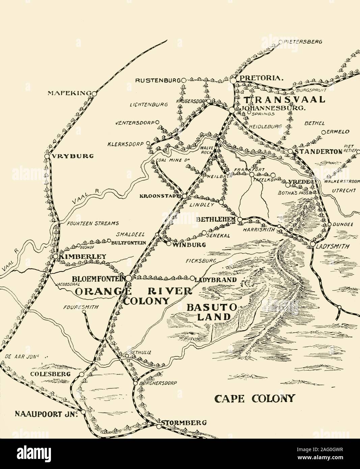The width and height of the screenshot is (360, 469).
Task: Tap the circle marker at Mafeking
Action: [x=94, y=93]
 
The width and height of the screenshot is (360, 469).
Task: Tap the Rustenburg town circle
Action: [x=184, y=80]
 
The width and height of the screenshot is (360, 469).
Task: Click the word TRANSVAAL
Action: [x=284, y=100]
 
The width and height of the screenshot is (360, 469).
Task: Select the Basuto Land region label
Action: [x=208, y=312]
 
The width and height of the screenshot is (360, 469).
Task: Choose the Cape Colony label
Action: [x=255, y=398]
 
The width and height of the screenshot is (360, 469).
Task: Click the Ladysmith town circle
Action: [x=313, y=244]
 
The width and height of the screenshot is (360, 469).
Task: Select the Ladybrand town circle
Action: [x=192, y=279]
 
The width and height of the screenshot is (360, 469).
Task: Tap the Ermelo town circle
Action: [x=323, y=132]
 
